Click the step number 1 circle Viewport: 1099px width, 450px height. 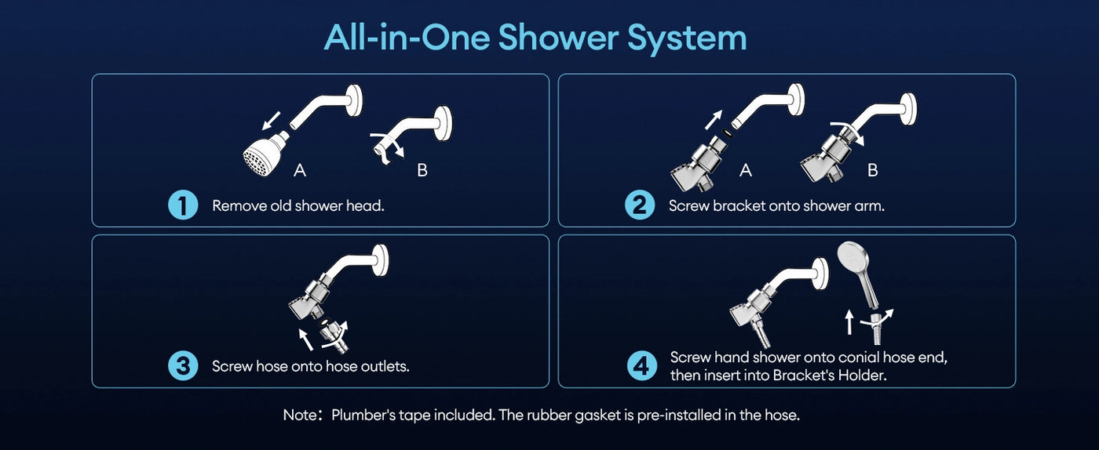coord(183,206)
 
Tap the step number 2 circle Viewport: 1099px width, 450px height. coord(639,206)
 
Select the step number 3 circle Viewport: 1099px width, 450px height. coord(183,366)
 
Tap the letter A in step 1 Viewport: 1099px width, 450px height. coord(299,169)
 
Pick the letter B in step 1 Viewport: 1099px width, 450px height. coord(422,169)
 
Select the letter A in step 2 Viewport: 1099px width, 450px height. coord(746,169)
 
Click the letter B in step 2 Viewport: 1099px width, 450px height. coord(872,169)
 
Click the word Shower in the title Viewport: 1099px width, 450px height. coord(560,38)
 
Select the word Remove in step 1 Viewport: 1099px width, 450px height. coord(237,206)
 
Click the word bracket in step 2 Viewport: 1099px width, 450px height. coord(738,206)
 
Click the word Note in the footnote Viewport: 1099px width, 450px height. coord(299,415)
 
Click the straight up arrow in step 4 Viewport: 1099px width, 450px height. coord(849,322)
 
